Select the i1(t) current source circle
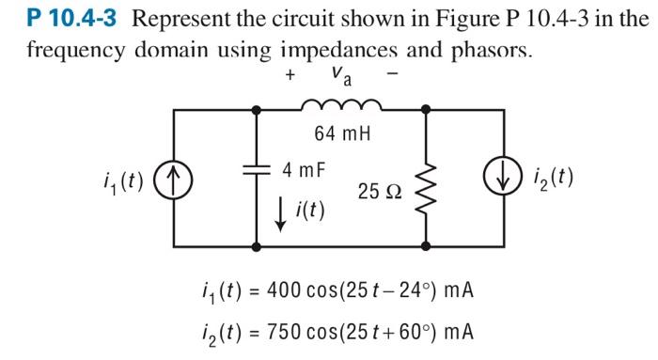(x=176, y=178)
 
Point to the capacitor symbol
(x=258, y=174)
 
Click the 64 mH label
(x=342, y=133)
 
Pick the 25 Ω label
(x=379, y=191)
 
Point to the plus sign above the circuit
(x=291, y=72)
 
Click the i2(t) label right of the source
(x=556, y=178)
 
